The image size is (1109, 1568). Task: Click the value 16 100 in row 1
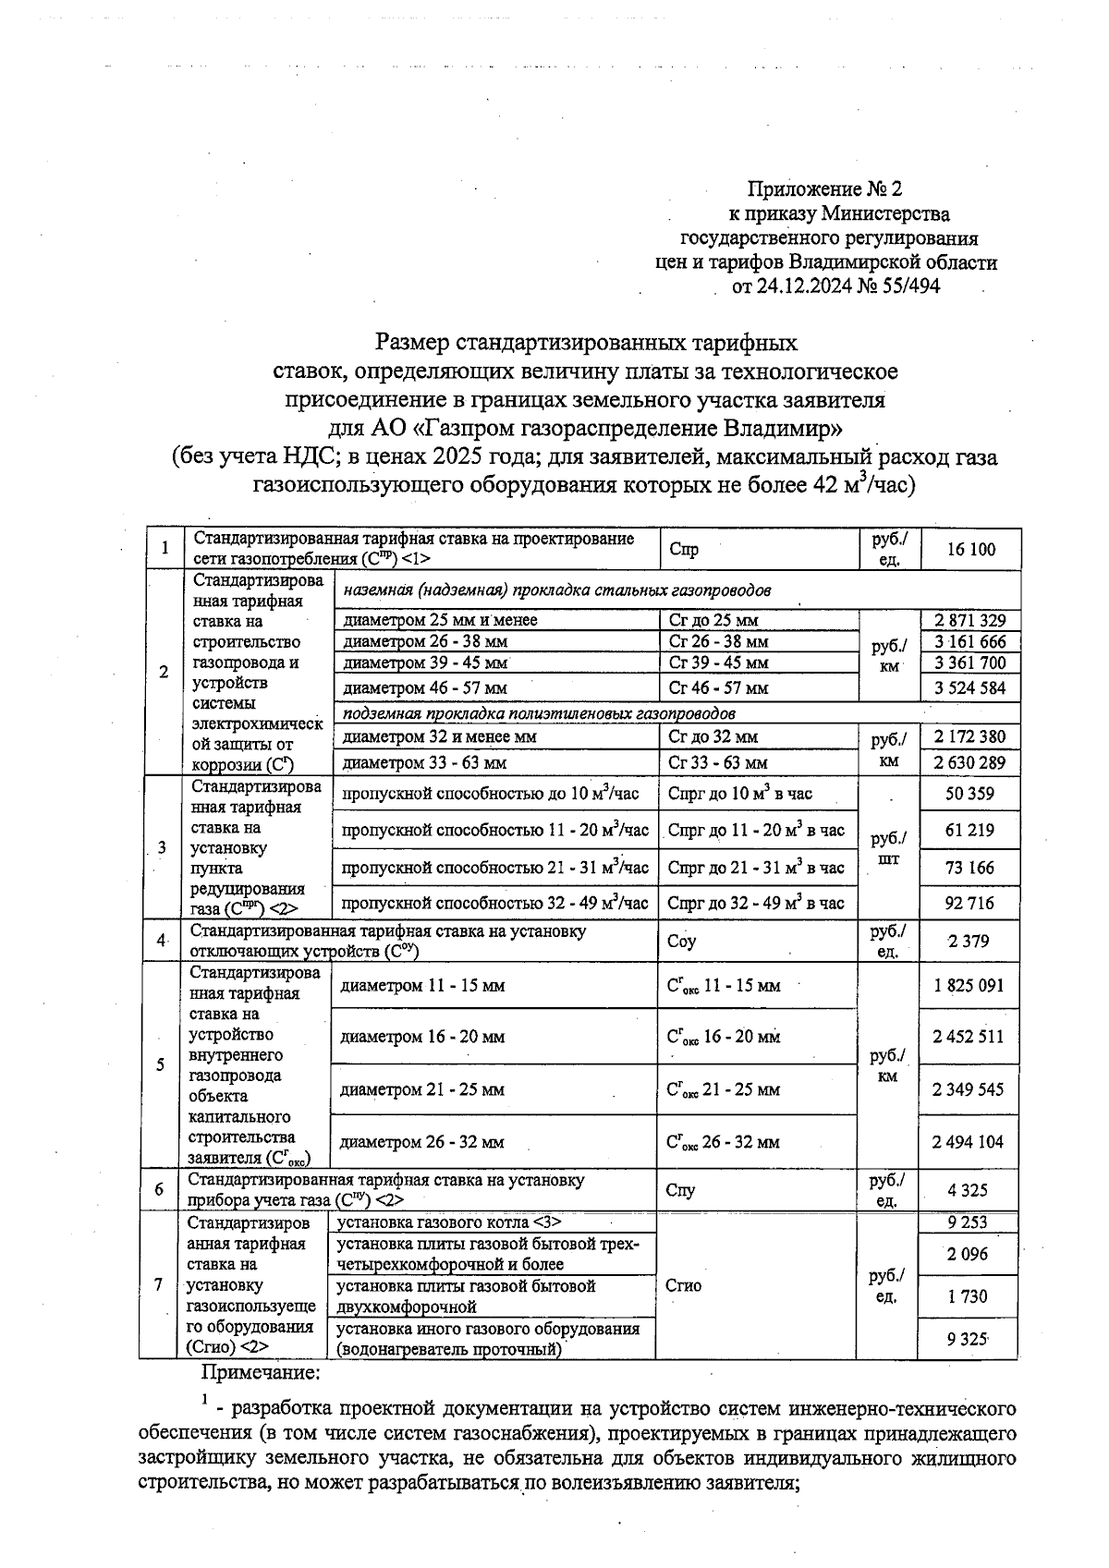point(971,550)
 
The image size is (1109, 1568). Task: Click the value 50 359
point(969,794)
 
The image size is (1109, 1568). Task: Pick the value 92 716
point(969,903)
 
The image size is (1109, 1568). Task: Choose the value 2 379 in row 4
point(969,942)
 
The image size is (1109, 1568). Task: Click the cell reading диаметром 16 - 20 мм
point(422,1037)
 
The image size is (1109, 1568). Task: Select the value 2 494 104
point(968,1142)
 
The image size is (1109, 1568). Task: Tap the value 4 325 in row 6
point(968,1191)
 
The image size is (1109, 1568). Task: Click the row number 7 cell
point(159,1284)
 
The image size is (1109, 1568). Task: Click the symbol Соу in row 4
point(681,942)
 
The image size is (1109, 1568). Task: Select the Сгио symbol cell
point(683,1285)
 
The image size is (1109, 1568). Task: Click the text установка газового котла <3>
point(448,1222)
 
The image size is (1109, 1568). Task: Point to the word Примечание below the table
point(261,1373)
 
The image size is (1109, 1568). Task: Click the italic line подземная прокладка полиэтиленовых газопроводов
point(539,714)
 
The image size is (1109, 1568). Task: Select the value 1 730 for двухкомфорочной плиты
point(968,1296)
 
